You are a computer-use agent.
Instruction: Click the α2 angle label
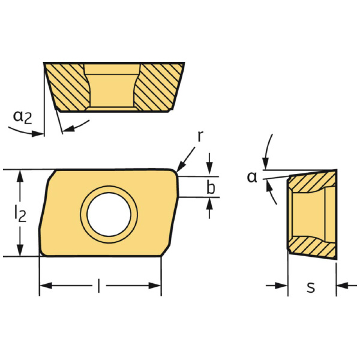tap(23, 117)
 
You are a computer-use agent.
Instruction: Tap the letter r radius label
tap(200, 136)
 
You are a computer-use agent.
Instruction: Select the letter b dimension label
tap(211, 187)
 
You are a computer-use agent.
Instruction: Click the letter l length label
tap(99, 286)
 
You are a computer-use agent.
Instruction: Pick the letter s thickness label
tap(311, 287)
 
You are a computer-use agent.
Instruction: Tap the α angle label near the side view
tap(253, 177)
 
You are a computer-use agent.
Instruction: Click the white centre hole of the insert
tap(109, 214)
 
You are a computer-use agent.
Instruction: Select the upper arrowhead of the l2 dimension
tap(20, 176)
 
